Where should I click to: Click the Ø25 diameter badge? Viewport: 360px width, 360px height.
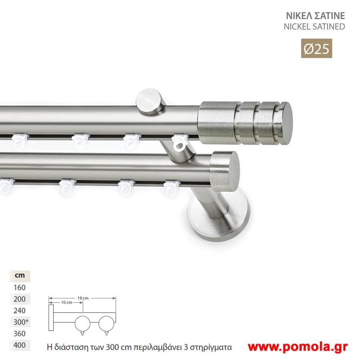[316, 48]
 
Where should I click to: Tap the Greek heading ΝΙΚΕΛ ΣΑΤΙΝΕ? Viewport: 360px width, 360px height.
[315, 16]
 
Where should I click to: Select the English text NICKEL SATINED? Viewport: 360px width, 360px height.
[314, 27]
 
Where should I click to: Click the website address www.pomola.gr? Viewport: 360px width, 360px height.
[298, 347]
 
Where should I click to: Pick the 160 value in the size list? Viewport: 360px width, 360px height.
[20, 288]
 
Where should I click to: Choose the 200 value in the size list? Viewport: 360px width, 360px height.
[20, 299]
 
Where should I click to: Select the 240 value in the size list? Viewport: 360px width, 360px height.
[20, 310]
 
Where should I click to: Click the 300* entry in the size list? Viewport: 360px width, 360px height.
[21, 322]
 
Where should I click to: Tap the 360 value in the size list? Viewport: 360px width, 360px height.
[20, 333]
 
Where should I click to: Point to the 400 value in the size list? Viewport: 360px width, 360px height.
[20, 345]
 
